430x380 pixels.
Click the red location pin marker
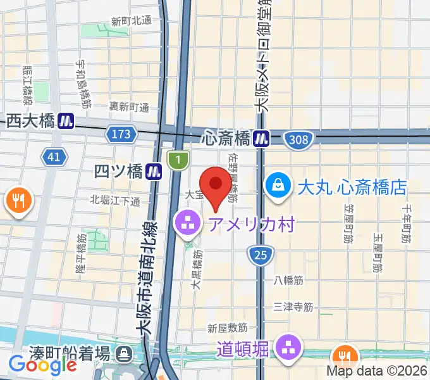pyautogui.click(x=217, y=184)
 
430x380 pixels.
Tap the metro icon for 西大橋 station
pyautogui.click(x=66, y=120)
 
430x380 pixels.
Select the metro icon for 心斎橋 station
pyautogui.click(x=261, y=137)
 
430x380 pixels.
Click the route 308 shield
pyautogui.click(x=296, y=138)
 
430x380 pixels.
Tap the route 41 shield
pyautogui.click(x=55, y=156)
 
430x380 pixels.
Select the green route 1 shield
pyautogui.click(x=178, y=159)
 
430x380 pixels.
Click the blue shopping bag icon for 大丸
pyautogui.click(x=278, y=186)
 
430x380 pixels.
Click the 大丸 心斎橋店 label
pyautogui.click(x=352, y=187)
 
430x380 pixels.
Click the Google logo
pyautogui.click(x=42, y=364)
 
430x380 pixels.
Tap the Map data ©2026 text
pyautogui.click(x=378, y=372)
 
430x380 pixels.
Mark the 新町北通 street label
pyautogui.click(x=132, y=20)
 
